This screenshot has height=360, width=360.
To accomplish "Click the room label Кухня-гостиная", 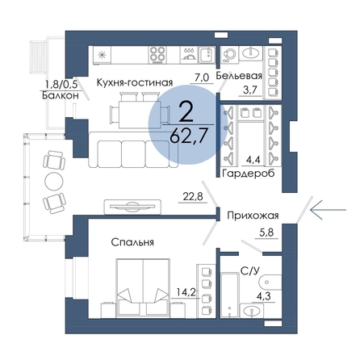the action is (x=135, y=82).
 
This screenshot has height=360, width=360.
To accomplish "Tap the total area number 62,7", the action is (x=188, y=136).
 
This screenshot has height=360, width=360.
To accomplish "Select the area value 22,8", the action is (x=193, y=197).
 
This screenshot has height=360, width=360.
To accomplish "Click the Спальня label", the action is (x=132, y=242).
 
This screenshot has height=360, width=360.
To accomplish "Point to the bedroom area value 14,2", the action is (x=186, y=291).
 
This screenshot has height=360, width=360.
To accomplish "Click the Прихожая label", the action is (x=253, y=216).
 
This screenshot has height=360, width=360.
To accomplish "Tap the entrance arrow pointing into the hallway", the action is (x=328, y=210).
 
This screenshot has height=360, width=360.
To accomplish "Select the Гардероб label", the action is (x=249, y=174).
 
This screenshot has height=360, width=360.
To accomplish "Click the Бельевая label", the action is (x=239, y=76).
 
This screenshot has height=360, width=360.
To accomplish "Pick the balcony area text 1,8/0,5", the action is (x=61, y=85).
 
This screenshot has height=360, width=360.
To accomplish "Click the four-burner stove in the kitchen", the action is (x=157, y=55).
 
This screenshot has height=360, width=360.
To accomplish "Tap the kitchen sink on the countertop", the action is (x=207, y=55).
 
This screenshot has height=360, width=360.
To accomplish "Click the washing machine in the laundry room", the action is (x=229, y=55).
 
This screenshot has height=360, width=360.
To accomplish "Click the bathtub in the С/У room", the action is (x=230, y=295).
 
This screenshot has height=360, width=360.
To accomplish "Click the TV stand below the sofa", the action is (x=132, y=207).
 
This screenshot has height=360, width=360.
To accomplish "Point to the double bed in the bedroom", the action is (x=143, y=288).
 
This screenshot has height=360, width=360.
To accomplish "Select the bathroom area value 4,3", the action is (x=263, y=297).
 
